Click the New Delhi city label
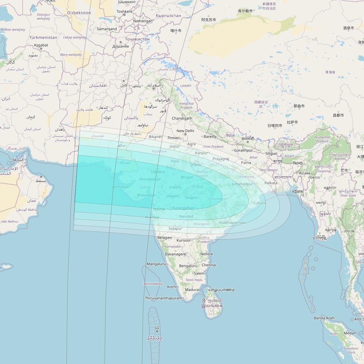pyautogui.click(x=185, y=131)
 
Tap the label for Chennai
pyautogui.click(x=209, y=265)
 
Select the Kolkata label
pyautogui.click(x=271, y=183)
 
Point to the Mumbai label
pyautogui.click(x=152, y=217)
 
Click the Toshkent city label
pyautogui.click(x=124, y=11)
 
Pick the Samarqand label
pyautogui.click(x=107, y=29)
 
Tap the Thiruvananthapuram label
pyautogui.click(x=163, y=298)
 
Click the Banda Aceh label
pyautogui.click(x=324, y=318)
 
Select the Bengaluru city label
pyautogui.click(x=188, y=266)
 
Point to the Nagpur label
pyautogui.click(x=191, y=198)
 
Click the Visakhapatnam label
pyautogui.click(x=232, y=223)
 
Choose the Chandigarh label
pyautogui.click(x=182, y=118)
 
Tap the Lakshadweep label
pyautogui.click(x=152, y=284)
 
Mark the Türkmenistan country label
pyautogui.click(x=43, y=37)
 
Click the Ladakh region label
pyautogui.click(x=185, y=86)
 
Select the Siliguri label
pyautogui.click(x=271, y=153)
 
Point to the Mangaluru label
pyautogui.click(x=156, y=264)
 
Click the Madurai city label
pyautogui.click(x=192, y=290)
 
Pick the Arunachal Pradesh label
pyautogui.click(x=322, y=139)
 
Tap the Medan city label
pyautogui.click(x=350, y=333)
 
